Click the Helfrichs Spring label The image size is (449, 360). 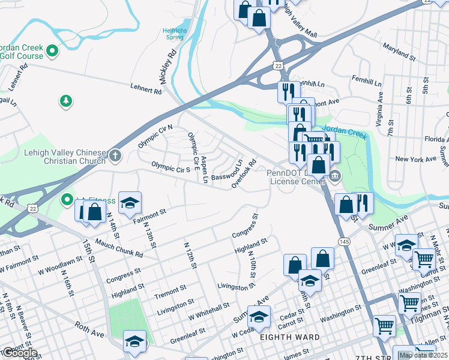(174, 34)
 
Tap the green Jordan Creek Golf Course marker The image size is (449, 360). (52, 51)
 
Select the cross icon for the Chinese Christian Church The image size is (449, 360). (115, 156)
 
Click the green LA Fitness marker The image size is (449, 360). (65, 199)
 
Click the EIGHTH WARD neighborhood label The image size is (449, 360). (289, 338)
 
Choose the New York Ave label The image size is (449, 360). (415, 159)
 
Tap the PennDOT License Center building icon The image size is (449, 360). (335, 176)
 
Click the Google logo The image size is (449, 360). (19, 353)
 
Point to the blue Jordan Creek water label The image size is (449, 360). (344, 131)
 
